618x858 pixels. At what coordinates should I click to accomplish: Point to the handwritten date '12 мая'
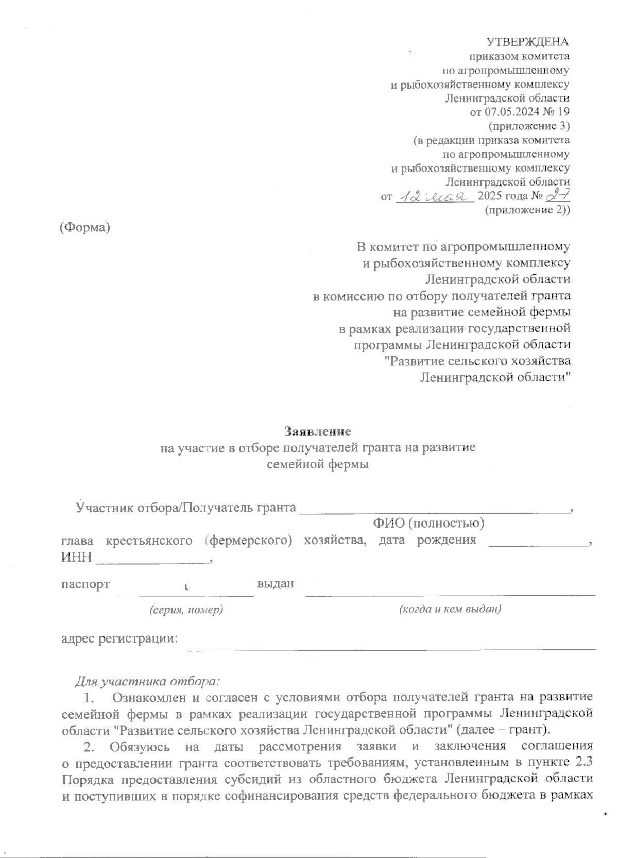[x=434, y=196]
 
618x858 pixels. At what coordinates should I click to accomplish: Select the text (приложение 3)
[x=528, y=125]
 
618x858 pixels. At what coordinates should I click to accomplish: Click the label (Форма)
[x=85, y=227]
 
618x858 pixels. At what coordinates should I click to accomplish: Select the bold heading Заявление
[x=318, y=430]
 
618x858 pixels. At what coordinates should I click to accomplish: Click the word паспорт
[x=85, y=584]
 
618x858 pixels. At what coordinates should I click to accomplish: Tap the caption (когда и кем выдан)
[x=450, y=609]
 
